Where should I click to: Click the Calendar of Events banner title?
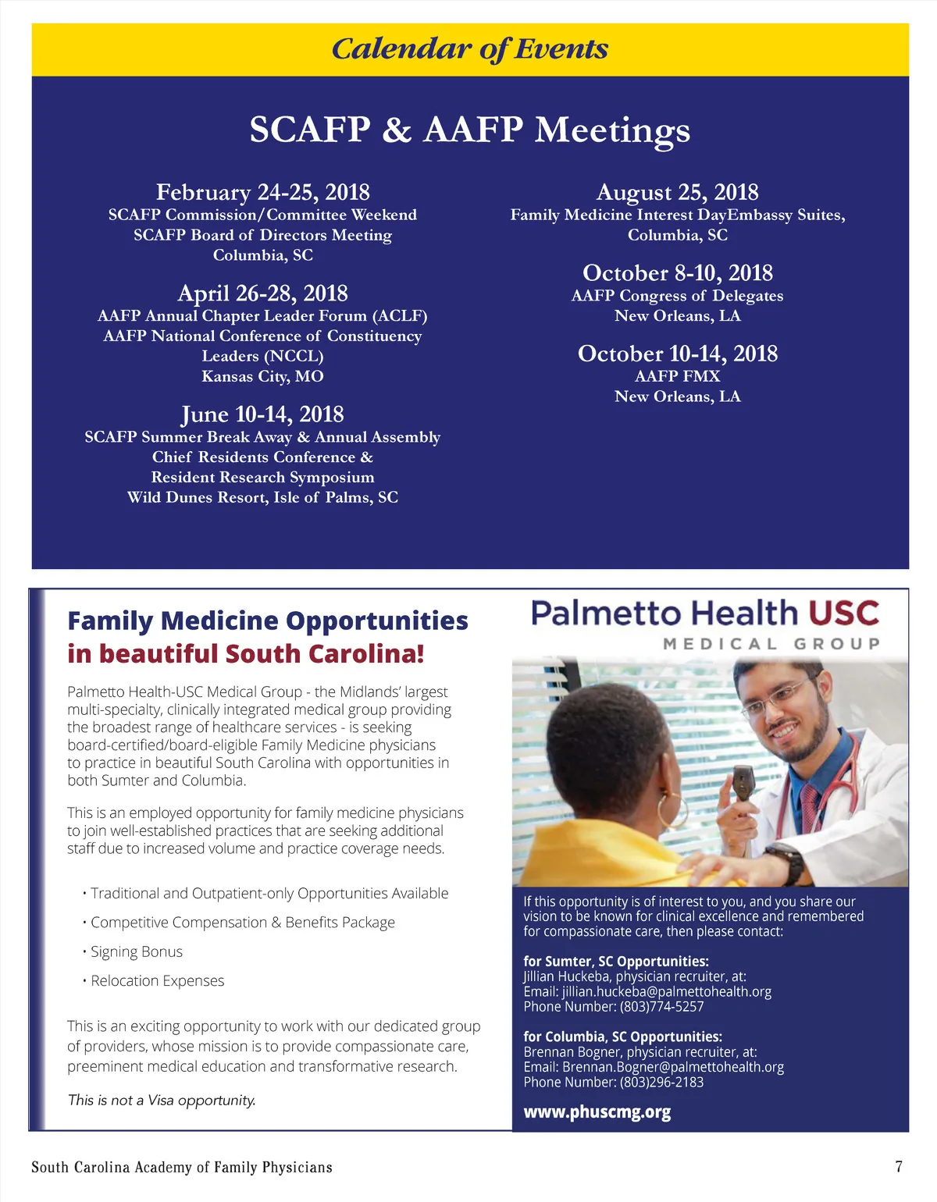click(x=469, y=49)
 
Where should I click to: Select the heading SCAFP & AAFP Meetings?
click(x=469, y=130)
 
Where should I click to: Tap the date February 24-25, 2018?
click(x=262, y=192)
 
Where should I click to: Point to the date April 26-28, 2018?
click(x=262, y=293)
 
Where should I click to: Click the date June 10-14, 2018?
click(x=262, y=414)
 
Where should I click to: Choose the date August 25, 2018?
click(x=677, y=192)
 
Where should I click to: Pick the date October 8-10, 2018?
click(x=677, y=272)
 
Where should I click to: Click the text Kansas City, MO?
click(x=262, y=376)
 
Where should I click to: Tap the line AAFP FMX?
click(x=677, y=376)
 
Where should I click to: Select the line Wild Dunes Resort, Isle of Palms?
click(x=262, y=497)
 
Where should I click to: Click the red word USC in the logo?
click(x=843, y=613)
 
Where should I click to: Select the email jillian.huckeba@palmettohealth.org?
click(x=666, y=991)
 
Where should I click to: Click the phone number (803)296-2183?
click(x=661, y=1082)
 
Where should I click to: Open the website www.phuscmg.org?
click(x=597, y=1111)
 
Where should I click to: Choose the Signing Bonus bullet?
click(x=136, y=951)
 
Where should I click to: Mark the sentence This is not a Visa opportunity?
click(x=162, y=1101)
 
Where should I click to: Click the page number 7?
click(x=899, y=1167)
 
